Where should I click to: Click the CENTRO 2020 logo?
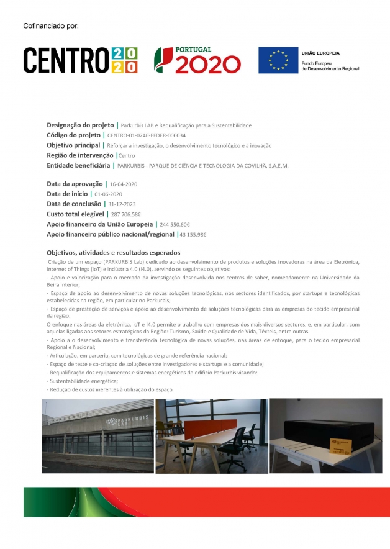point(80,60)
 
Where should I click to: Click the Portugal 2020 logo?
point(197,60)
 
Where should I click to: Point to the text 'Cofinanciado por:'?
point(50,25)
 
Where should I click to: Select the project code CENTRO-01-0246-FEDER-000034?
point(147,135)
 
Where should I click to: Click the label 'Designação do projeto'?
point(80,125)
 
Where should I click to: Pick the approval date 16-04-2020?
point(123,184)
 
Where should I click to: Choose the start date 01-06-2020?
point(108,194)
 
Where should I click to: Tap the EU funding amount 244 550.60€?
point(175,224)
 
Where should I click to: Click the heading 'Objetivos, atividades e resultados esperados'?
point(113,253)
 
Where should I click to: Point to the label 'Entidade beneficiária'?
point(78,165)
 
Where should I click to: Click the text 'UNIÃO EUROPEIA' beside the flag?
point(320,53)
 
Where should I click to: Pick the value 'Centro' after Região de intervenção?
point(127,155)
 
